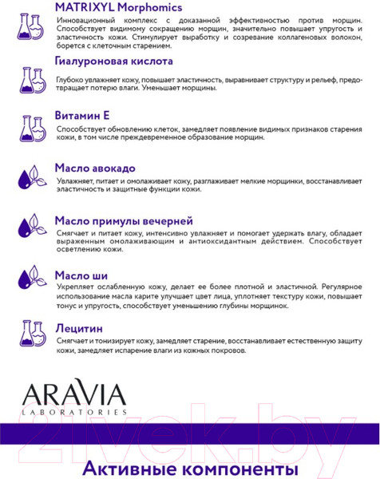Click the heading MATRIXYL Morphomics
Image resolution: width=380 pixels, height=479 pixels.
pos(118,8)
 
